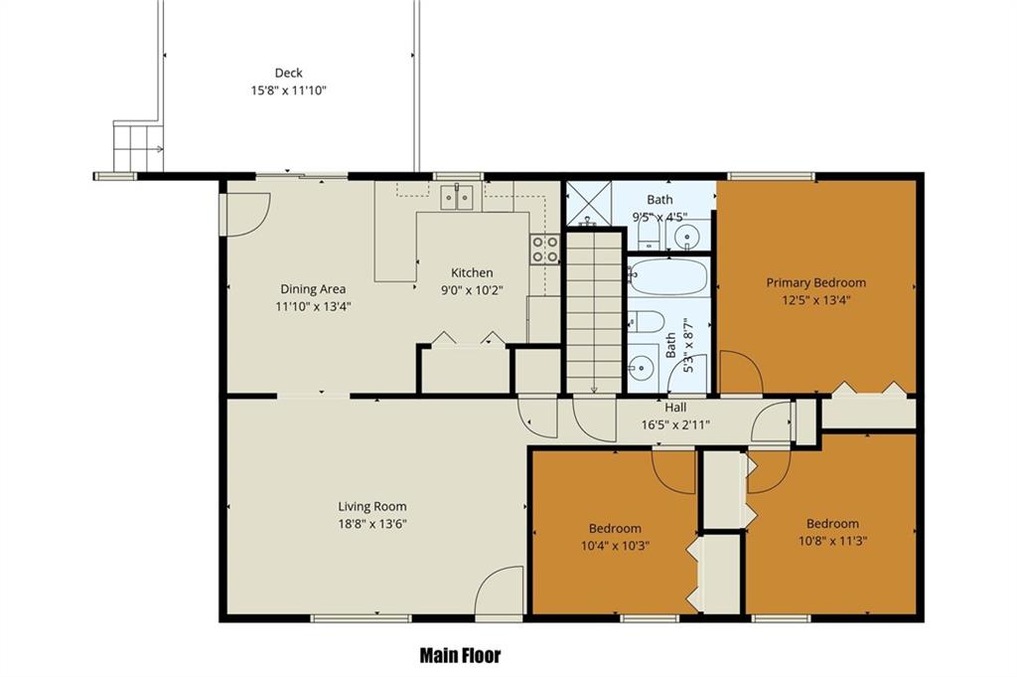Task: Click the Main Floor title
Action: (461, 655)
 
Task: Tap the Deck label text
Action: (289, 73)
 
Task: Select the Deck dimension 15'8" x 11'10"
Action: (289, 90)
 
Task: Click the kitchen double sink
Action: (457, 197)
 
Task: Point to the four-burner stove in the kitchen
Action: (545, 250)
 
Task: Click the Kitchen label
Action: (472, 272)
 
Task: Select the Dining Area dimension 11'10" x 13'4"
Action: (313, 306)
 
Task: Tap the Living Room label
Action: (372, 506)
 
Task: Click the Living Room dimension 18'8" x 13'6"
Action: (372, 524)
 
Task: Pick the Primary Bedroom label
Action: (816, 282)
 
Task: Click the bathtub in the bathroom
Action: (668, 276)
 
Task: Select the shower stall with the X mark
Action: (589, 204)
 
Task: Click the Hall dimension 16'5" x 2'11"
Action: (675, 425)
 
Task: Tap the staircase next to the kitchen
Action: (594, 312)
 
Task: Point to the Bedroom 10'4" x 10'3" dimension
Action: (615, 546)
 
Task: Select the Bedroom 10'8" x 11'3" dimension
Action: (833, 541)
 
